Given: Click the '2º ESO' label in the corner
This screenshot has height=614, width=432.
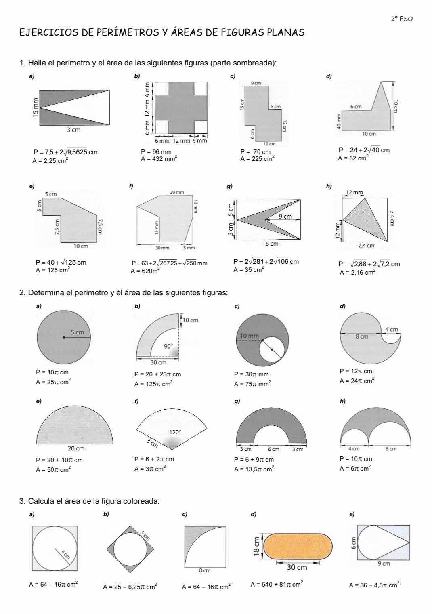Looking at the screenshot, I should click(402, 19).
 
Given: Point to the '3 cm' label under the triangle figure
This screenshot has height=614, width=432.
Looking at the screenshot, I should click(73, 130).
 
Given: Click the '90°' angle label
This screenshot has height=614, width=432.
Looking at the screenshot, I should click(168, 346).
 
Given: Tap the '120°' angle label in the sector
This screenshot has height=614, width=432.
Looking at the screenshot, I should click(175, 432).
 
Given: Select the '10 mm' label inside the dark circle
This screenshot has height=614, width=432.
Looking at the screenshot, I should click(249, 336).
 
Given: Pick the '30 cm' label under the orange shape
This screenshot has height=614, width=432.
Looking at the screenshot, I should click(297, 567).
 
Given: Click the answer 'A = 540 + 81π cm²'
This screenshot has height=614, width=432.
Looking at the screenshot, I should click(277, 584).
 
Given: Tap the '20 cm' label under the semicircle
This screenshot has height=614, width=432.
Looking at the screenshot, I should click(76, 448).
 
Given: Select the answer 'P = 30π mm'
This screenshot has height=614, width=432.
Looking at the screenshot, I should click(251, 374).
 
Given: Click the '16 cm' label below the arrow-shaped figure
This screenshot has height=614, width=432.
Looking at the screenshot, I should click(270, 244).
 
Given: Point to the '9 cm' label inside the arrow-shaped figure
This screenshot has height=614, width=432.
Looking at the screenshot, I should click(285, 216).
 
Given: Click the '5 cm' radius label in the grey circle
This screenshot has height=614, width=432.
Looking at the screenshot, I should click(78, 332).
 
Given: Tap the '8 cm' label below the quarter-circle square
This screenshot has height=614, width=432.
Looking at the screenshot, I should click(205, 570).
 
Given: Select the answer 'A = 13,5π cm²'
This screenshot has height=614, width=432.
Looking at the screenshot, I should click(254, 469).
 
